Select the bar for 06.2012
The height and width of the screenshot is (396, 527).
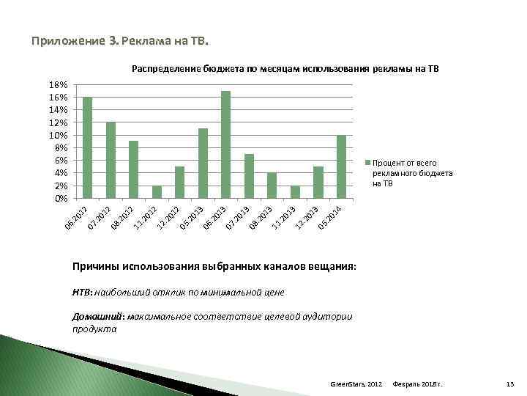(87, 147)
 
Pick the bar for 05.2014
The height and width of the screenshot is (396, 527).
(341, 166)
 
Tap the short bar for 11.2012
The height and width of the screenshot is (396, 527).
(157, 191)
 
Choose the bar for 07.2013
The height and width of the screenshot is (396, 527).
(249, 176)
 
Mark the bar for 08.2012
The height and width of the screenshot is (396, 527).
(133, 169)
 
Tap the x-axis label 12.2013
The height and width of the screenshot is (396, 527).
(307, 217)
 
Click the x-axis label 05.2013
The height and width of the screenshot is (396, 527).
(192, 217)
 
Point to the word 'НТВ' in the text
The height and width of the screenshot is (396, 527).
(81, 293)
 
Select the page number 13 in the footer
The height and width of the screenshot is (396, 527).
(510, 384)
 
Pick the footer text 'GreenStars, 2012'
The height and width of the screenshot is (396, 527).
(356, 384)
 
